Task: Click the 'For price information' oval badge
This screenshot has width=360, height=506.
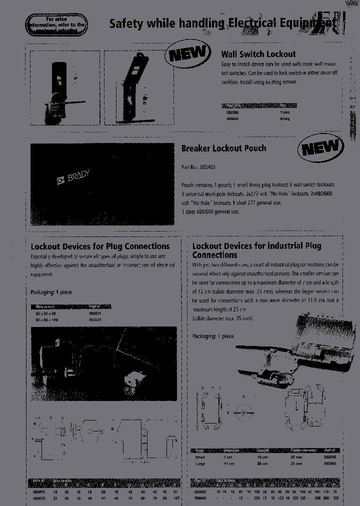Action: [57, 24]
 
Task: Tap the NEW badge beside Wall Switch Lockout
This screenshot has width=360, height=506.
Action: [187, 53]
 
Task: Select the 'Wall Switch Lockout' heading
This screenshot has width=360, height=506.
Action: [258, 54]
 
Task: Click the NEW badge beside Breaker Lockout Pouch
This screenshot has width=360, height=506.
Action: [320, 148]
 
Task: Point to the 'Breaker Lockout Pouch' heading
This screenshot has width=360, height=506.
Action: [223, 148]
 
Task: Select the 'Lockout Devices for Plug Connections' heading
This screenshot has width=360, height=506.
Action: [100, 246]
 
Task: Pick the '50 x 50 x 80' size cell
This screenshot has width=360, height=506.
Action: [45, 313]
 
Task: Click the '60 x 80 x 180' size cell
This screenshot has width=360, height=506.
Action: [46, 319]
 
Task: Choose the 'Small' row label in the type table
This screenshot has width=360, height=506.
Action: [200, 457]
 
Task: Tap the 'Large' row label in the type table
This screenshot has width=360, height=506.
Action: [200, 463]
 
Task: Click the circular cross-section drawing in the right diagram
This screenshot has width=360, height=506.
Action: [243, 412]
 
